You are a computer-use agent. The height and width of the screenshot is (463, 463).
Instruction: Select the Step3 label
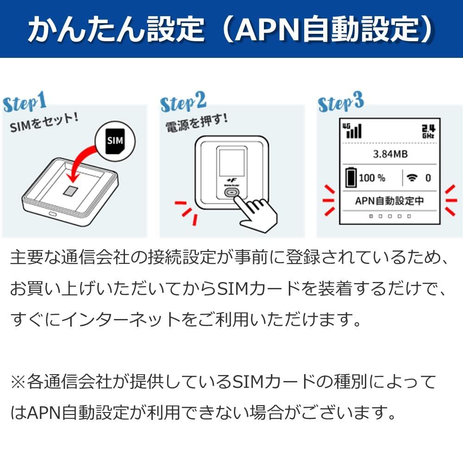tap(341, 103)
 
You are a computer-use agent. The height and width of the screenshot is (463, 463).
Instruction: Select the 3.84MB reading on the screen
tap(390, 154)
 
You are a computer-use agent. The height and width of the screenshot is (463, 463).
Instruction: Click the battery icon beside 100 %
tap(351, 178)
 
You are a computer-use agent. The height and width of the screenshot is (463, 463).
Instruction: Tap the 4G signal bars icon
tap(352, 131)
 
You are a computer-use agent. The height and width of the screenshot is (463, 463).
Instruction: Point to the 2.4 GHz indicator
tap(428, 131)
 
